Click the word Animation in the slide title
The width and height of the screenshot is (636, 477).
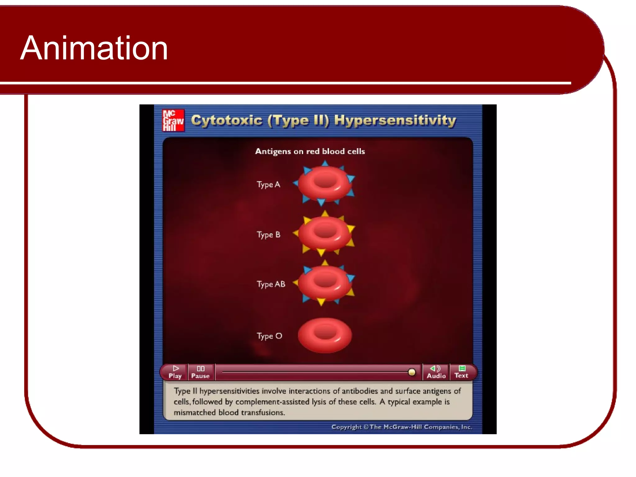point(94,48)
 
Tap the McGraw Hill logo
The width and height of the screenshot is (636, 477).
point(173,120)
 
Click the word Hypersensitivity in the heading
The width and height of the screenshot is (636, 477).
point(395,120)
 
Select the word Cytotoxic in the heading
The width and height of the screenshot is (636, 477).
point(227,120)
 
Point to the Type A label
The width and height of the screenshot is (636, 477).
point(268,184)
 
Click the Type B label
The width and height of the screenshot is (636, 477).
point(268,235)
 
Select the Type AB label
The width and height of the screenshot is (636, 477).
point(271,284)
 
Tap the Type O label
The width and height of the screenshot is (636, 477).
point(269,336)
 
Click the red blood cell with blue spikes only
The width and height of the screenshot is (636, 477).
point(325,184)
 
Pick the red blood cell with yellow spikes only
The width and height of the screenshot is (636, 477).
point(325,234)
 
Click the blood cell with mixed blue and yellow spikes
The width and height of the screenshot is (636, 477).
point(325,283)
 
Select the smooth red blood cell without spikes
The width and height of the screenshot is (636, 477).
point(325,335)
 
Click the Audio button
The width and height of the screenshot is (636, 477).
point(436,372)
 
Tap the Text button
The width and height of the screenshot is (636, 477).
point(461,372)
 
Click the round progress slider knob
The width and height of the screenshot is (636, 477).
point(411,372)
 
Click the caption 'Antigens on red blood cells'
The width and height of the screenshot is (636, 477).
point(310,152)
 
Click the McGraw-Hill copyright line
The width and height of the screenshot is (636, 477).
point(402,427)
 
